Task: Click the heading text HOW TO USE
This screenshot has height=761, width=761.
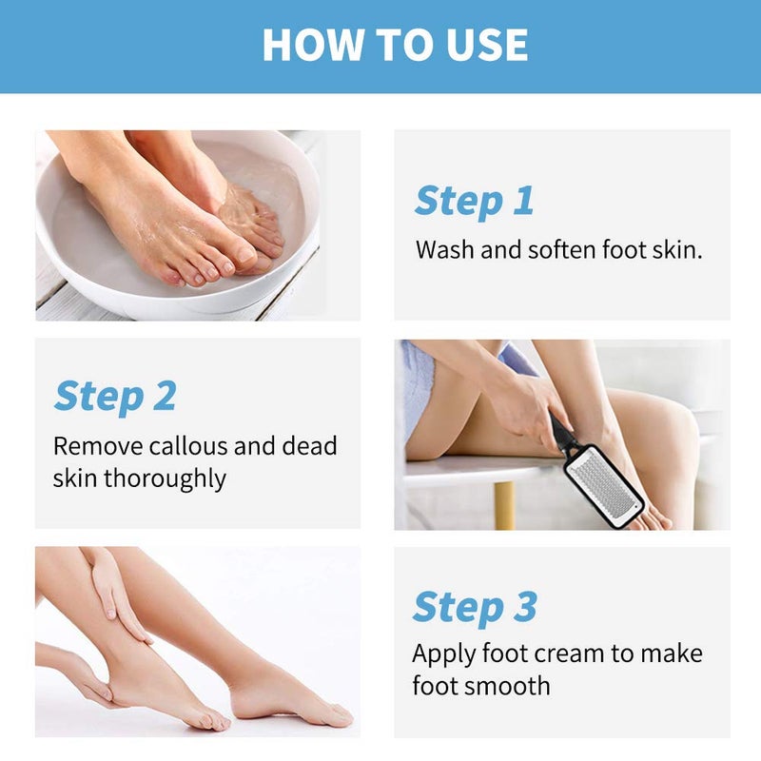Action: click(x=395, y=45)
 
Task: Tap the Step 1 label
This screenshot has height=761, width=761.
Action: click(x=474, y=201)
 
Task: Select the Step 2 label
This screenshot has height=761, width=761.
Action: click(x=114, y=396)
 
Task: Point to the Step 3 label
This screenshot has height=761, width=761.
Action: click(x=475, y=606)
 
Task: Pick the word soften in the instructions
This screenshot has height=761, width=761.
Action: click(x=556, y=251)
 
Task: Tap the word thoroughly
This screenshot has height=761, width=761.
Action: click(x=165, y=478)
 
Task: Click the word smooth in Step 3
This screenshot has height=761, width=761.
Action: click(x=501, y=686)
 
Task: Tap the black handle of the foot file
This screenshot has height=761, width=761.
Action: click(x=563, y=436)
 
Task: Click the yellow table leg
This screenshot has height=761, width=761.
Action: click(x=504, y=504)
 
